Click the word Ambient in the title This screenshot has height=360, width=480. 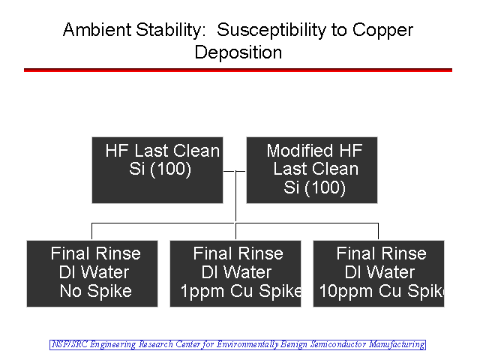(97, 30)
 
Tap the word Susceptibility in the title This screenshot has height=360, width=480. (270, 31)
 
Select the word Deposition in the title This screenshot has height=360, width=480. (238, 52)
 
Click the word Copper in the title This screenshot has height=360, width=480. (382, 31)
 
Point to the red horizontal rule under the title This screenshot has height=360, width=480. (238, 70)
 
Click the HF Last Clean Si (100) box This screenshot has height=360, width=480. (157, 170)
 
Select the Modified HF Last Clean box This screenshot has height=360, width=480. (312, 170)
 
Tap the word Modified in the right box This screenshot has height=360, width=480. (299, 151)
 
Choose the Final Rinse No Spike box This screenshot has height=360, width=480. (92, 274)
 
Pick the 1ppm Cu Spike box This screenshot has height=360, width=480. (235, 274)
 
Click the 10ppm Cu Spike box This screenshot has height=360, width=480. (379, 274)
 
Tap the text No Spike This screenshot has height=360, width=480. (96, 291)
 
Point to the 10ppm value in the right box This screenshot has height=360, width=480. (346, 292)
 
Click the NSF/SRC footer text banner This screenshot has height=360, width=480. (238, 345)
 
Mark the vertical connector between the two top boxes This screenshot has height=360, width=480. (235, 196)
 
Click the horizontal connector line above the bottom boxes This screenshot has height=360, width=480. (235, 223)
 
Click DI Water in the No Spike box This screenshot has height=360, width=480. (94, 272)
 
